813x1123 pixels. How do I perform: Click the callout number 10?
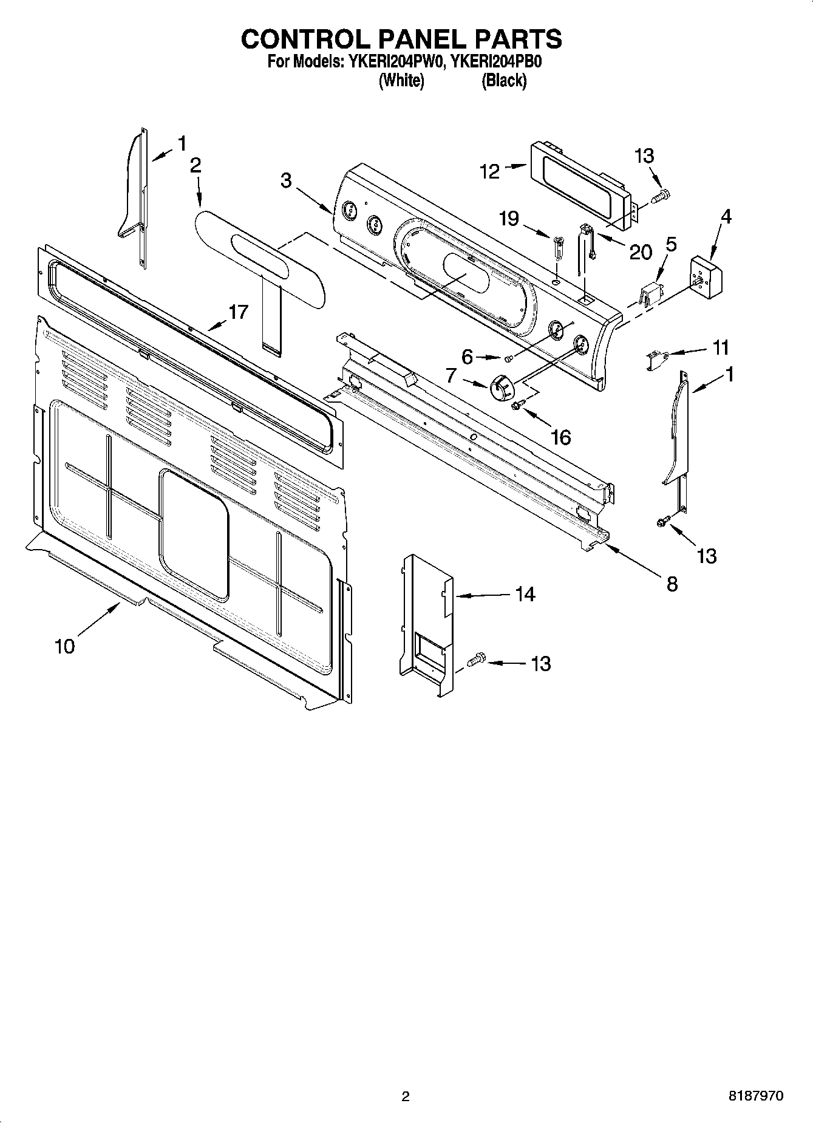pyautogui.click(x=64, y=646)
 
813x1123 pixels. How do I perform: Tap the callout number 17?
pyautogui.click(x=238, y=312)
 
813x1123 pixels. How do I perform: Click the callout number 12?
pyautogui.click(x=489, y=172)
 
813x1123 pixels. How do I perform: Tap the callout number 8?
pyautogui.click(x=672, y=584)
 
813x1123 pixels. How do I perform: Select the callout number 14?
pyautogui.click(x=525, y=594)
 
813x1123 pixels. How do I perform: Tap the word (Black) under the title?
pyautogui.click(x=503, y=80)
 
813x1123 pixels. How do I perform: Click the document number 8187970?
pyautogui.click(x=755, y=1096)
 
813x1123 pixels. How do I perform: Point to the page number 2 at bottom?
pyautogui.click(x=406, y=1096)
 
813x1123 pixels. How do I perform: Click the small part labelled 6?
pyautogui.click(x=509, y=358)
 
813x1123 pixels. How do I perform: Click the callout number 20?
pyautogui.click(x=640, y=251)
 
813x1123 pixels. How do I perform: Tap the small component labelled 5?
pyautogui.click(x=650, y=296)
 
